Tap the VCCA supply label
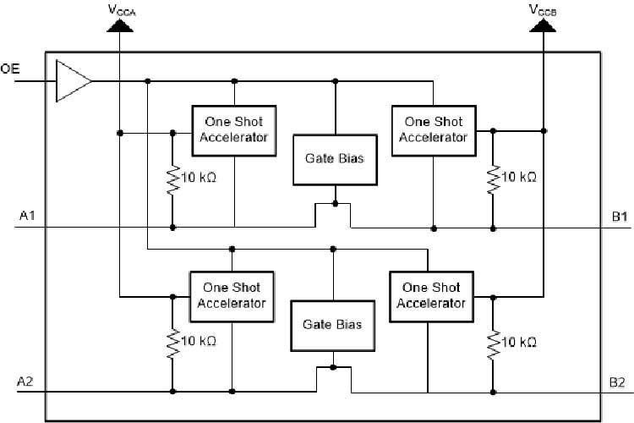click(x=122, y=9)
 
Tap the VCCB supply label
click(x=543, y=9)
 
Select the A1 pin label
click(x=28, y=217)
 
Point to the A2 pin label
click(x=26, y=382)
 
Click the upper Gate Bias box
click(x=335, y=158)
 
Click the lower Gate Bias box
click(x=332, y=324)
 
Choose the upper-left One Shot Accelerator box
click(x=235, y=129)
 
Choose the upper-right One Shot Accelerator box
click(x=433, y=129)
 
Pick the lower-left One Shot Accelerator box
click(x=232, y=296)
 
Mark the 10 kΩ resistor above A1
click(x=172, y=179)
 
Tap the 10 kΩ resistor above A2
click(x=172, y=342)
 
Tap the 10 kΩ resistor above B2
click(x=493, y=342)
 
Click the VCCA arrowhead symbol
click(x=122, y=25)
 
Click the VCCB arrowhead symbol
click(x=543, y=25)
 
